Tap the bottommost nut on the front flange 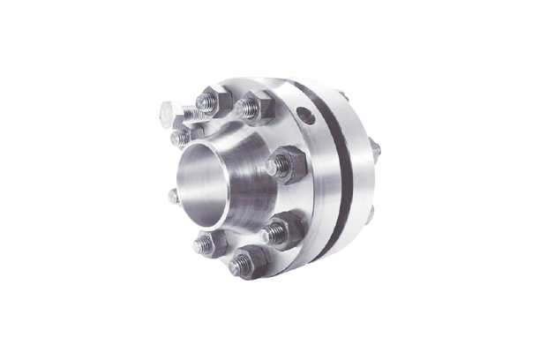point(245,263)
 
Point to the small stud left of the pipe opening point(174,196)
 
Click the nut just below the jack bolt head point(183,136)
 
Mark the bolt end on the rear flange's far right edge point(375,150)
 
